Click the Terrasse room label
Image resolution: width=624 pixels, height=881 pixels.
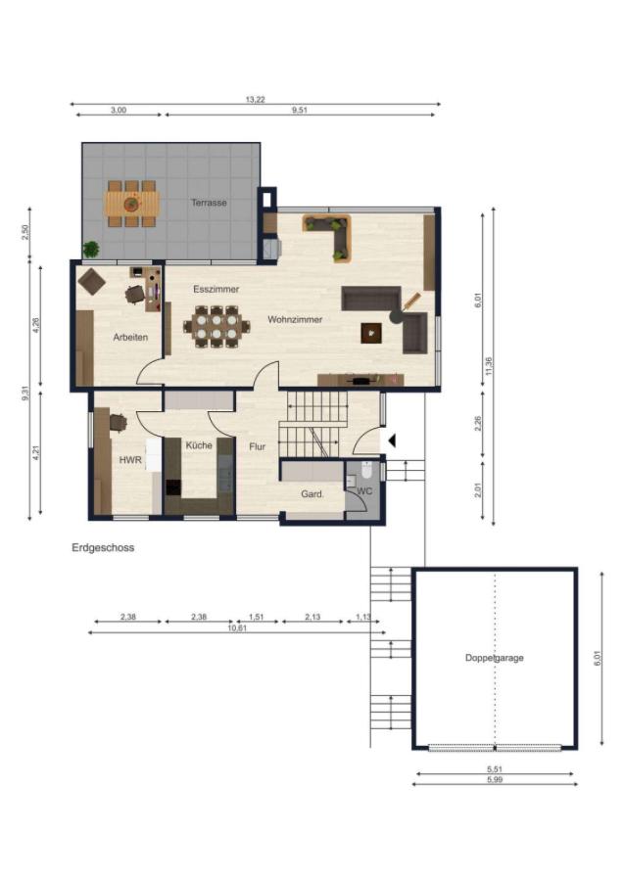[x=209, y=203]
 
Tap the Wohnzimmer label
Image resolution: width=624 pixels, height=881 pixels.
[x=295, y=319]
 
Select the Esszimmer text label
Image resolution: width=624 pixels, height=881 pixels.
[x=216, y=289]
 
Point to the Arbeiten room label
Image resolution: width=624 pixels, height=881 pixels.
[x=130, y=337]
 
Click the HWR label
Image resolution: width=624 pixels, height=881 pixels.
[x=130, y=460]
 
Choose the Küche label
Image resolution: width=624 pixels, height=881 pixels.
[x=199, y=445]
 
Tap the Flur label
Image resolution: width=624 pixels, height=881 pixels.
[x=257, y=446]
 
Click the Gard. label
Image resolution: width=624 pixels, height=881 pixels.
[x=312, y=494]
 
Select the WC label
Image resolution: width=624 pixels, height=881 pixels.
[x=364, y=491]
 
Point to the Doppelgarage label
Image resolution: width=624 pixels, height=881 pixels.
[x=494, y=658]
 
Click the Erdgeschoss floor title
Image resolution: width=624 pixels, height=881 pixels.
[x=103, y=547]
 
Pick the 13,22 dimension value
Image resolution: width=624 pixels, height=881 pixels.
[x=256, y=100]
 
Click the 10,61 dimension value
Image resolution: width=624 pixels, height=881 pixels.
[x=237, y=628]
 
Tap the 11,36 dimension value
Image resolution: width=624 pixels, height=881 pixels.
[x=488, y=366]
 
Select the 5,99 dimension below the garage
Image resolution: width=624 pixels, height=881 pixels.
[x=495, y=779]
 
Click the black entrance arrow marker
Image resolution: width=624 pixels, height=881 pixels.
[x=392, y=441]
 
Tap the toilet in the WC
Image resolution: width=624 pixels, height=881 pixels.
[x=366, y=470]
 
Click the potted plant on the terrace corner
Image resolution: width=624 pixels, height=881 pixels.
[x=90, y=249]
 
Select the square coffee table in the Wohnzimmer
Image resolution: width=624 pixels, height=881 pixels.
[x=371, y=333]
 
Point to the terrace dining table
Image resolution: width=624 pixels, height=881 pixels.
[x=131, y=204]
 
